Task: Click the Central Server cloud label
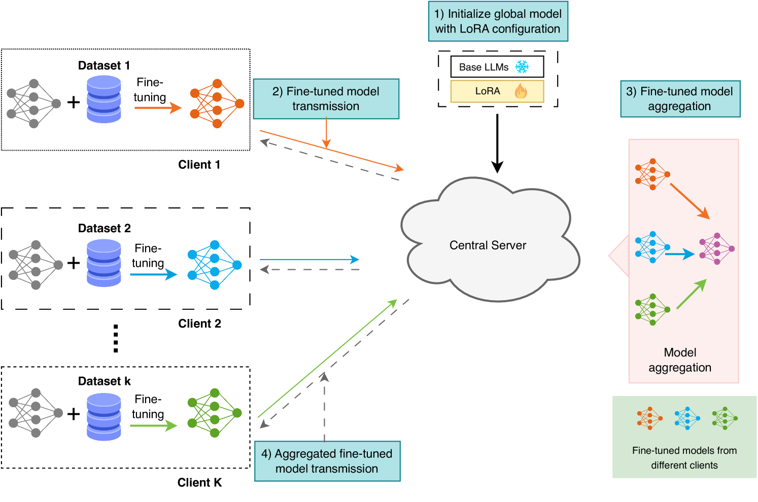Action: point(488,245)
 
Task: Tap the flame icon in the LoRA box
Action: point(521,91)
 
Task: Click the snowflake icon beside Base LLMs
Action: point(522,67)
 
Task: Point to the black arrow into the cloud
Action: point(497,144)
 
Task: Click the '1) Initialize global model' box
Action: point(498,21)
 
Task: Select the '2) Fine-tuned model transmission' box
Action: point(326,99)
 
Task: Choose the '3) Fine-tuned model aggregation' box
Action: point(680,99)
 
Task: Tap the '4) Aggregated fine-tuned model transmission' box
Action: point(327,461)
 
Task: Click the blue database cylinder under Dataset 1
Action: point(104,99)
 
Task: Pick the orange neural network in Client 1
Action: point(217,103)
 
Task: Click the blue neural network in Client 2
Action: point(214,265)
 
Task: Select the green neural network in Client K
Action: point(214,413)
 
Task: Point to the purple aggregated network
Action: point(716,248)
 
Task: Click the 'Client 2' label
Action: point(199,324)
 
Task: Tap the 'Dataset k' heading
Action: point(104,381)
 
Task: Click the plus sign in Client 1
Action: point(74,102)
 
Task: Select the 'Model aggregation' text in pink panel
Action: point(680,360)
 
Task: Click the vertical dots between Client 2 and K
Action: point(116,338)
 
